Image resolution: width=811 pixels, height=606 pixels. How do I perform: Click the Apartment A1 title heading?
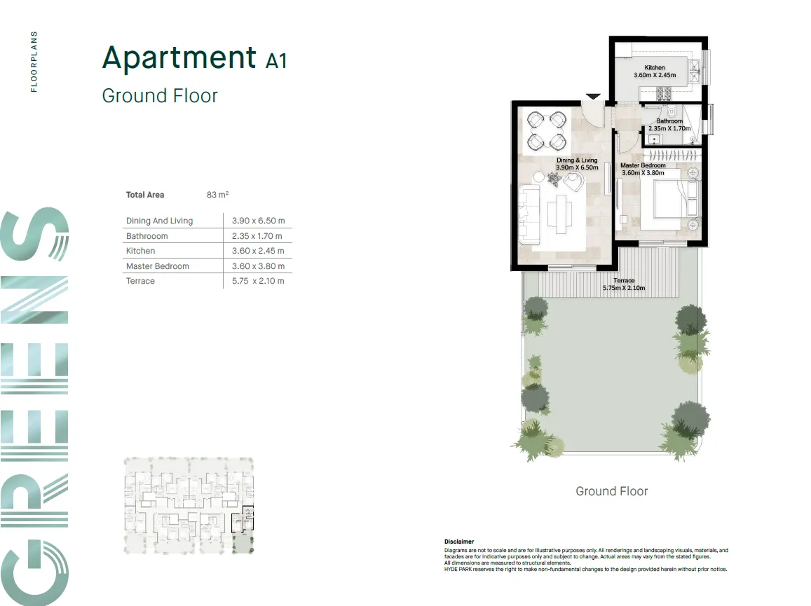tap(194, 57)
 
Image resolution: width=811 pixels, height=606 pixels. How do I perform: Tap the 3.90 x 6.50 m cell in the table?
tap(258, 221)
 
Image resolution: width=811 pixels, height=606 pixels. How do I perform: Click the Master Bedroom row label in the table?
tap(157, 266)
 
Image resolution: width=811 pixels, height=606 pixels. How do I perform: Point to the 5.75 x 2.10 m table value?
tap(258, 281)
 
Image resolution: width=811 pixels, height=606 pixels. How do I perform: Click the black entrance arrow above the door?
tap(593, 97)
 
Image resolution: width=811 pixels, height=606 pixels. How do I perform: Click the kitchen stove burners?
tap(662, 92)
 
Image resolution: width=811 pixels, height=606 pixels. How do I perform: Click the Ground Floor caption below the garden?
tap(611, 491)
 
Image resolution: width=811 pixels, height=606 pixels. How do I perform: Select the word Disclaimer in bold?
tap(458, 542)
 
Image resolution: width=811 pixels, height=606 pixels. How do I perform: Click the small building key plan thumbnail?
tap(189, 506)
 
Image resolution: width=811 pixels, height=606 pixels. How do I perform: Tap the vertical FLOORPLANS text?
tap(34, 62)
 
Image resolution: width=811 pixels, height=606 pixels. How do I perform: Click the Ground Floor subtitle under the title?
tap(160, 95)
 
